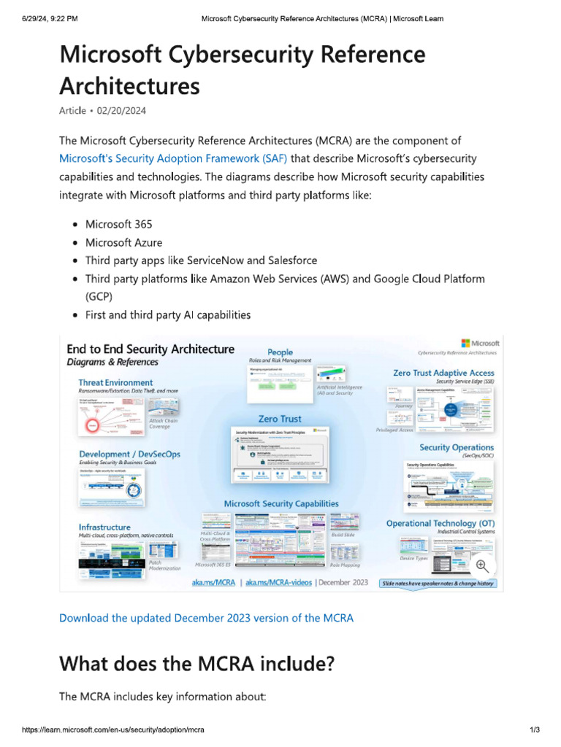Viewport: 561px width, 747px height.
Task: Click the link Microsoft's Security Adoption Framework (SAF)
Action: tap(172, 158)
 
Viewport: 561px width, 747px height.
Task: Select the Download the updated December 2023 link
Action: tap(206, 618)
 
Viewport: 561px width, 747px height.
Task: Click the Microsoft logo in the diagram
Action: tap(481, 343)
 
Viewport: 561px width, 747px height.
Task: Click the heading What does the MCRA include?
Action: tap(196, 664)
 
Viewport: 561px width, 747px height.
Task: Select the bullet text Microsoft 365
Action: tap(118, 224)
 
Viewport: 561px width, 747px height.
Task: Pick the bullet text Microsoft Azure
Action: tap(123, 242)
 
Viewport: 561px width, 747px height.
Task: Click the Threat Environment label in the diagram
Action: tap(115, 382)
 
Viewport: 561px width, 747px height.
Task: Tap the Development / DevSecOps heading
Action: tap(129, 454)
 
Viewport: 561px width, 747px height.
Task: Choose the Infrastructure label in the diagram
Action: tap(104, 527)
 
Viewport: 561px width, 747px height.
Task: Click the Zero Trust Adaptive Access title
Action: tap(443, 373)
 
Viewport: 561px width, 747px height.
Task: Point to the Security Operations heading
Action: tap(457, 447)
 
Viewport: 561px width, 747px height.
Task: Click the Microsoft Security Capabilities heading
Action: tap(281, 503)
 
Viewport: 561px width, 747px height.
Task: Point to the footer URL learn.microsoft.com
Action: tap(112, 729)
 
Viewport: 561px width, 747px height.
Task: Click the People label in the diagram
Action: tap(280, 352)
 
